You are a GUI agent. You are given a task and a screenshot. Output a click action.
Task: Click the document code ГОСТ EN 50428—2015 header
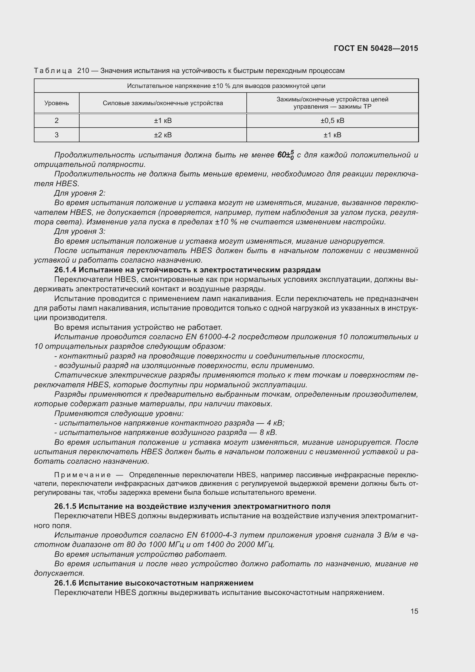click(376, 48)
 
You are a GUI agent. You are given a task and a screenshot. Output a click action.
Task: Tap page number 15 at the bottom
click(414, 611)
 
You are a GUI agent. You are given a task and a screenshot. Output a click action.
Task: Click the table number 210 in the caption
click(83, 71)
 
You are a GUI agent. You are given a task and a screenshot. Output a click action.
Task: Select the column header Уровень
click(57, 103)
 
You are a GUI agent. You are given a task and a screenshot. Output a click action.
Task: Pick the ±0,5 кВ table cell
click(332, 121)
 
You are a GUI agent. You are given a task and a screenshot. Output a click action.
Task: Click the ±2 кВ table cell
click(163, 135)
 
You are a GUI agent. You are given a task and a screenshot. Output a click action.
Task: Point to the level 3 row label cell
click(57, 135)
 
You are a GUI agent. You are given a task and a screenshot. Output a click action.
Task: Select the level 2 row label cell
click(57, 121)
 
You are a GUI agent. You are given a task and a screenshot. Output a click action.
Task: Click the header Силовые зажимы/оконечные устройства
click(163, 103)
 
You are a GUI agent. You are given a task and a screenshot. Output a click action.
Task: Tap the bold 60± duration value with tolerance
click(285, 155)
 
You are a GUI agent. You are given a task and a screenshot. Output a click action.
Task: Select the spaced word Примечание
click(82, 475)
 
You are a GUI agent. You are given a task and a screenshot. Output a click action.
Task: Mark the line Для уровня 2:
click(80, 193)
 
